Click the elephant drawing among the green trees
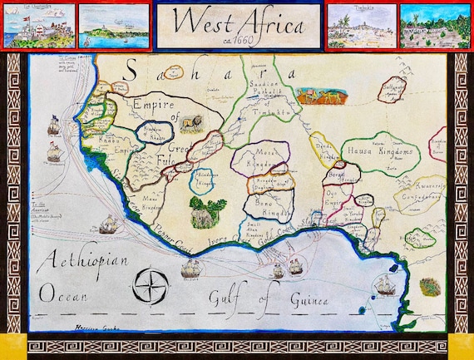[202, 218]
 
